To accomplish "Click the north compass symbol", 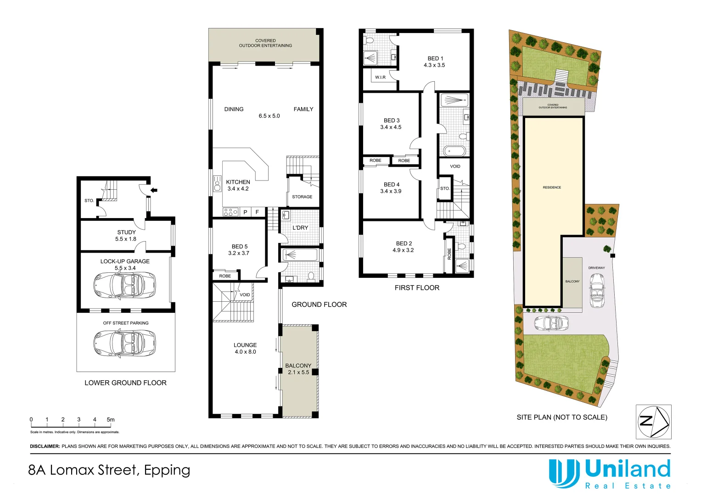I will point(653,422).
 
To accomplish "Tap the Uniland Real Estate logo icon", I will point(564,473).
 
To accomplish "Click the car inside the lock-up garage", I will point(124,285).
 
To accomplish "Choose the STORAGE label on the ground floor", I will point(302,197).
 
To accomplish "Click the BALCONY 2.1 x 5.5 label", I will point(298,369).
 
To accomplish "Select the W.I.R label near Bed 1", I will point(380,77).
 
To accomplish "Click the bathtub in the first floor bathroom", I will point(454,151).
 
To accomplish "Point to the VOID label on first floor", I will point(455,166).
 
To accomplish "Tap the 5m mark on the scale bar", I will point(111,419).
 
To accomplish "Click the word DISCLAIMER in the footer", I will point(45,446).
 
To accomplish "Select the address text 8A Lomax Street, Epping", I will point(109,470).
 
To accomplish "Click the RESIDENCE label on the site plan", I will point(552,187).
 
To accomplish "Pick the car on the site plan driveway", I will point(597,290).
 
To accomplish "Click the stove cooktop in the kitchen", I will point(230,212).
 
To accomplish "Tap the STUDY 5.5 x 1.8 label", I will point(126,236).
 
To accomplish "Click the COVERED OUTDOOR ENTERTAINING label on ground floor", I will point(265,43).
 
